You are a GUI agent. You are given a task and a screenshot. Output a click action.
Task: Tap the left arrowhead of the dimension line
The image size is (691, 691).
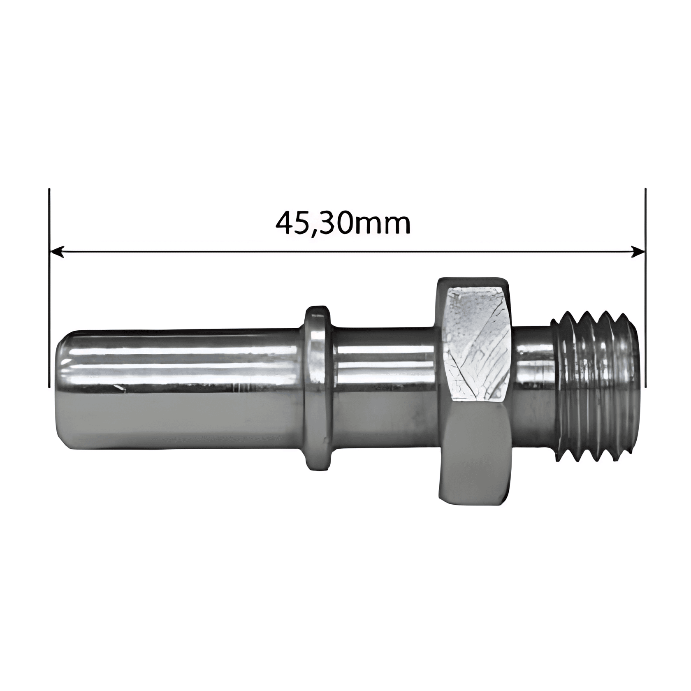[57, 252]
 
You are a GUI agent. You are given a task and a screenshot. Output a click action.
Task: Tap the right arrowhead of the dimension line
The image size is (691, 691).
[638, 252]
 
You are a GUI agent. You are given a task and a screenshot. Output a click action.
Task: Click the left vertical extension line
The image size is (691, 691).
[49, 288]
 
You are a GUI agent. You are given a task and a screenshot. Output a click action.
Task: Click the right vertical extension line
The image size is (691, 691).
[645, 288]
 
